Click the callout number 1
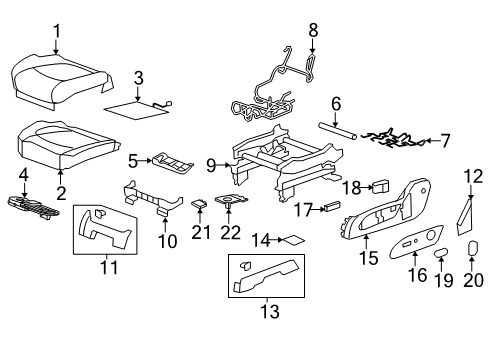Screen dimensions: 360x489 tap(56, 31)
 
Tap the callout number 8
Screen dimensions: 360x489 tap(312, 31)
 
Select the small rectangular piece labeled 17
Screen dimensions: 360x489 tap(332, 208)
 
